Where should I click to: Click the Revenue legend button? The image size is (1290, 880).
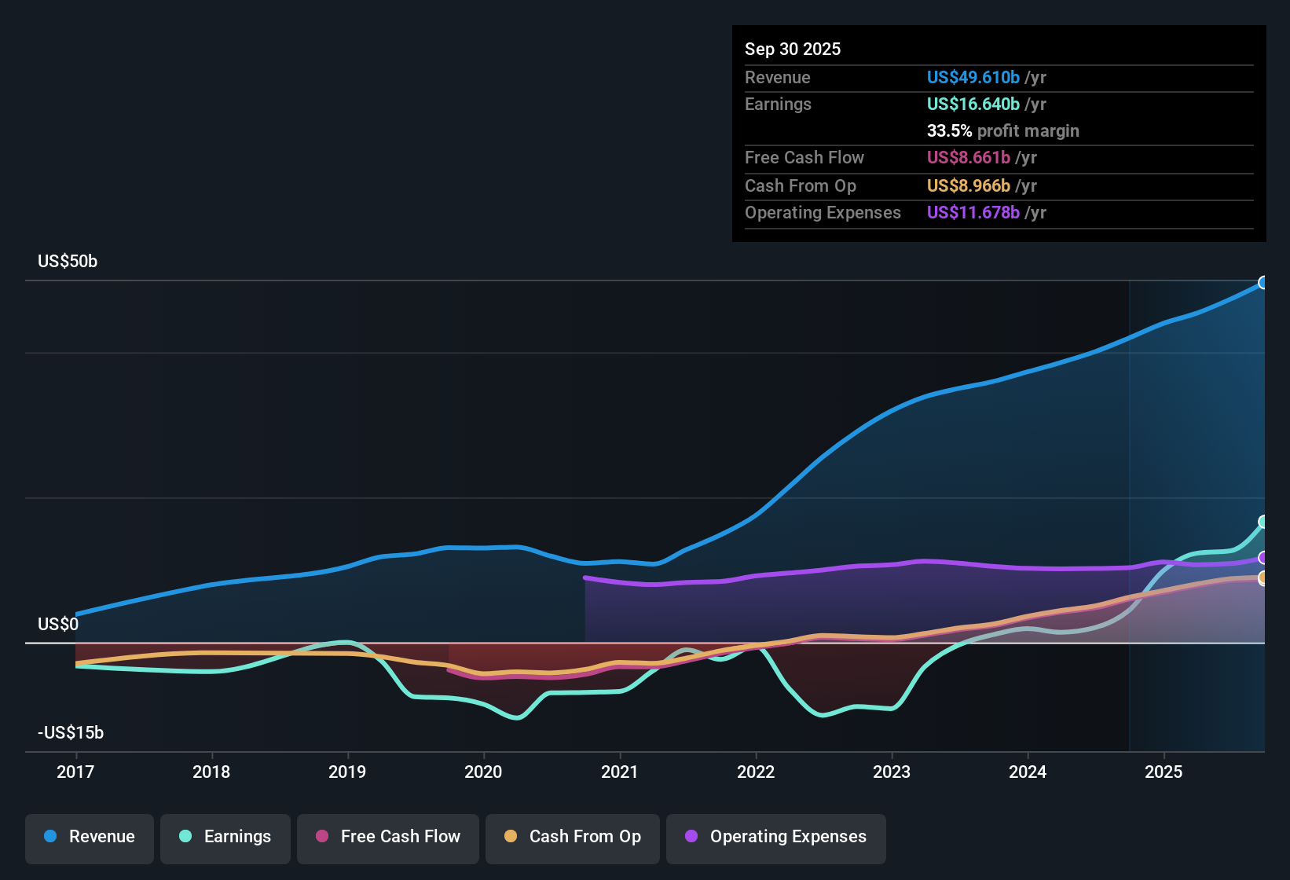(90, 837)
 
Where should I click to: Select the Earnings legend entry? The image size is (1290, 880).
(225, 837)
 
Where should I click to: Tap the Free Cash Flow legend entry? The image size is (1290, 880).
(388, 837)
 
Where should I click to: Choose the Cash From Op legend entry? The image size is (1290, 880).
(573, 837)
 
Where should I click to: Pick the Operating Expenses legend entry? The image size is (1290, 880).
(776, 837)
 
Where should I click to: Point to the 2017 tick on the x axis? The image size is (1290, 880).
(75, 772)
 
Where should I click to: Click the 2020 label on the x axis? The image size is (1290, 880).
(483, 772)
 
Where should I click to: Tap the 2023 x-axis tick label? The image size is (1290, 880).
(892, 772)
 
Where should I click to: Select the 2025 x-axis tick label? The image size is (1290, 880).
(1164, 772)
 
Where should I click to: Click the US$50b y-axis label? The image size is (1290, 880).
(68, 262)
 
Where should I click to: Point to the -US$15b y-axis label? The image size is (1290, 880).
(71, 733)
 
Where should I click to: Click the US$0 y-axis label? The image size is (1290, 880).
(58, 625)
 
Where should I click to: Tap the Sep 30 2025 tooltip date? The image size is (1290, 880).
(793, 49)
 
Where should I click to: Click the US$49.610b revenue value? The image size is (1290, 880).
(973, 77)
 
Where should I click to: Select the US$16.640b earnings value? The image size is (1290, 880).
(973, 104)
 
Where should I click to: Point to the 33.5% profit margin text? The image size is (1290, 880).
(1002, 130)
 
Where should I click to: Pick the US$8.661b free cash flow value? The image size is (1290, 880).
(968, 157)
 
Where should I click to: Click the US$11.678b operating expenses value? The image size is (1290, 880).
(973, 212)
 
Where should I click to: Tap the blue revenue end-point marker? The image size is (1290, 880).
(1263, 283)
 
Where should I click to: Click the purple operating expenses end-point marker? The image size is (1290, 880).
(1263, 558)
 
